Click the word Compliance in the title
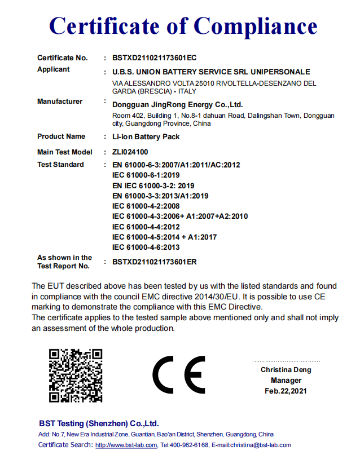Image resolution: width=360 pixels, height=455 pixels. pos(255,26)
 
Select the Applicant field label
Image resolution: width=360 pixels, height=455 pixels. pos(54,69)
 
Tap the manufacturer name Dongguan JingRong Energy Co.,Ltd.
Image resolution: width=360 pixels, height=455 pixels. pos(177,104)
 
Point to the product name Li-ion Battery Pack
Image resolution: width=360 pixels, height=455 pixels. pos(146,136)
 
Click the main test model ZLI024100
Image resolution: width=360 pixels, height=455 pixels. pos(130,152)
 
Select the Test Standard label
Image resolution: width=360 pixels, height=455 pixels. pos(60,165)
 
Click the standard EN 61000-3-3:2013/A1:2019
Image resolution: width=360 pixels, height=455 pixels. pos(161,196)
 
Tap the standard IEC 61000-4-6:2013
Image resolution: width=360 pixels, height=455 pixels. pos(146,247)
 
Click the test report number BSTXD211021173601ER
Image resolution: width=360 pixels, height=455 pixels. pos(155,262)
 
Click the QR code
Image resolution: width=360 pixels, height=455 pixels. pos(75,375)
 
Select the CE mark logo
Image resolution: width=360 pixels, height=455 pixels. pos(179,375)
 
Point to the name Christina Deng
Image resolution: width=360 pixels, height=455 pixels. pos(286,370)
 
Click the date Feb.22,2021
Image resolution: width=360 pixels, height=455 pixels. pos(286,391)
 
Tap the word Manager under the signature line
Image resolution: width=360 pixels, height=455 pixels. pos(286,380)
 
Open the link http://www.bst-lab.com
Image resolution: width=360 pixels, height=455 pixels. pos(126,445)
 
